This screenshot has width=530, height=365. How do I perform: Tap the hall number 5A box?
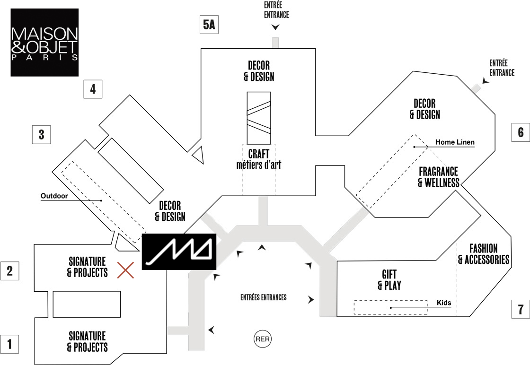pyautogui.click(x=209, y=25)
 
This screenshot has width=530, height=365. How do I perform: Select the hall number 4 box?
pyautogui.click(x=93, y=89)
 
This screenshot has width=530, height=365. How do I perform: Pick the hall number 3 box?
pyautogui.click(x=41, y=134)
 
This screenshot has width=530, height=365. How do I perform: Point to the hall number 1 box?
pyautogui.click(x=9, y=344)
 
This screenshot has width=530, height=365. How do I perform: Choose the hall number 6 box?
pyautogui.click(x=521, y=132)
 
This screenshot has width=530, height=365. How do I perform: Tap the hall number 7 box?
pyautogui.click(x=521, y=310)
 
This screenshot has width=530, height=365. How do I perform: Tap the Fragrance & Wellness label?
pyautogui.click(x=438, y=176)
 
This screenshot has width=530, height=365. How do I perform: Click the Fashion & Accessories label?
pyautogui.click(x=483, y=254)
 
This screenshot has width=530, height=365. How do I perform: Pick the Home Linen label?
pyautogui.click(x=455, y=142)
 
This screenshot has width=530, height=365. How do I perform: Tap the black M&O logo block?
pyautogui.click(x=179, y=251)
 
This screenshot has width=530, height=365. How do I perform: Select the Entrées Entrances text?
pyautogui.click(x=264, y=297)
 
